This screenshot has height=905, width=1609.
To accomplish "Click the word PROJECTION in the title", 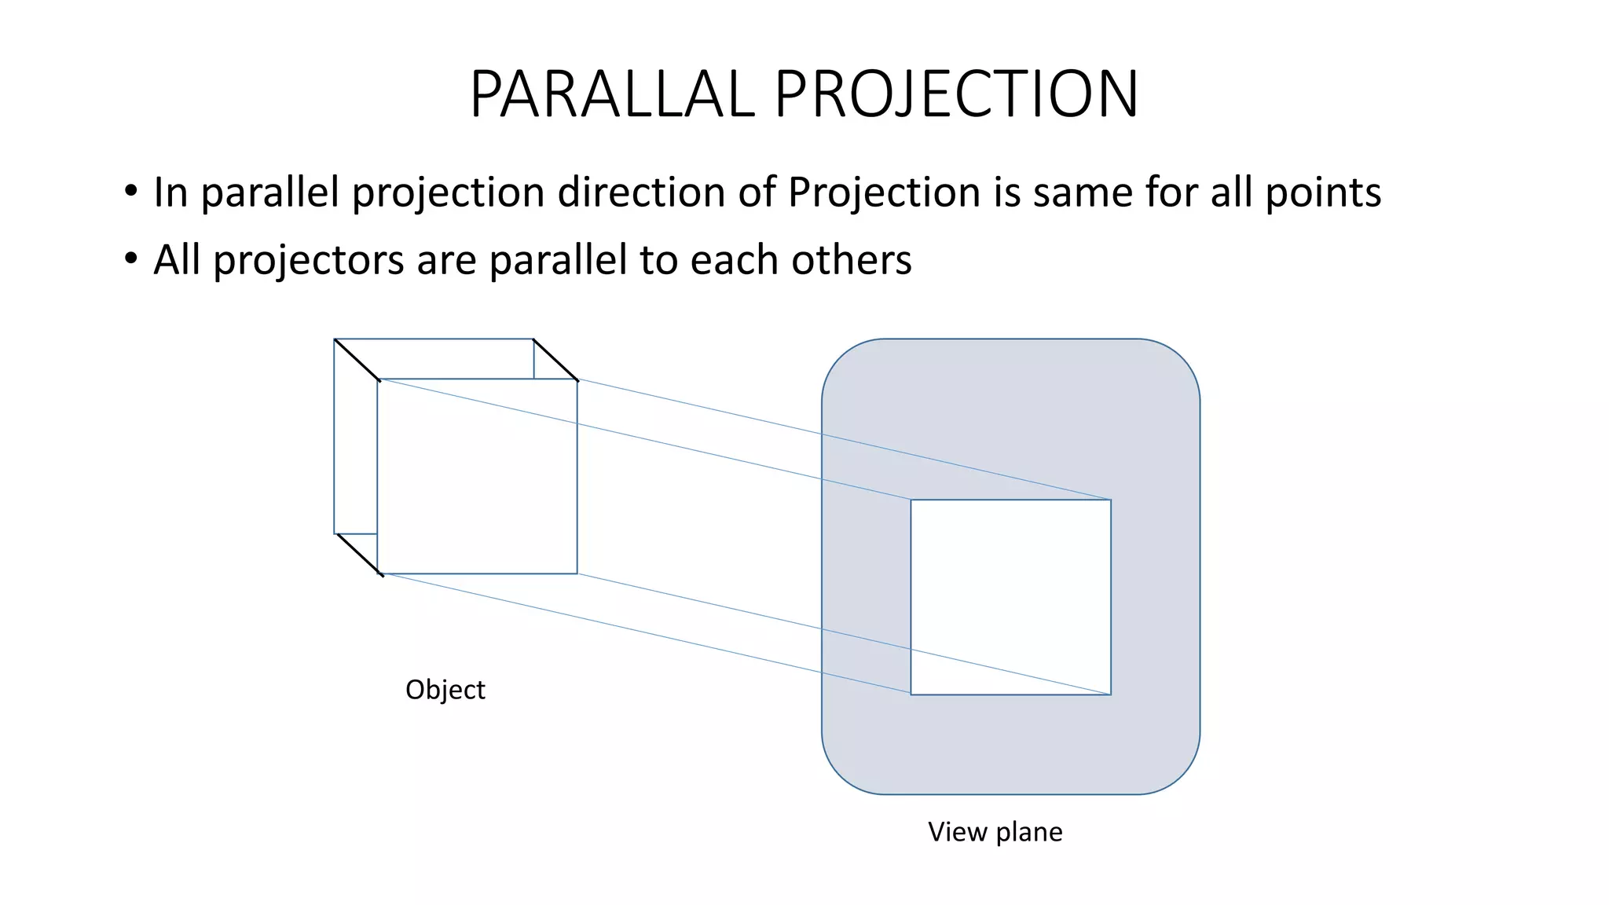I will tap(956, 94).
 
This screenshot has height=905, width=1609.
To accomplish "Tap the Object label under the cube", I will tap(445, 690).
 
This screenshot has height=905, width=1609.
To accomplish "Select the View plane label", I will tap(995, 832).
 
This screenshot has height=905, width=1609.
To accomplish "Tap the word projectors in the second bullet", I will tap(309, 260).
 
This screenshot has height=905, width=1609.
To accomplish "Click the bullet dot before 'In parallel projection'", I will tap(131, 191).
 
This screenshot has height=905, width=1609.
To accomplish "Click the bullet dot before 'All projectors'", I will tap(131, 258).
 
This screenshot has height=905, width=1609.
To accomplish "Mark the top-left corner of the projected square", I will tap(911, 500).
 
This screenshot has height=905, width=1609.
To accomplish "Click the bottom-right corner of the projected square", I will tap(1111, 694).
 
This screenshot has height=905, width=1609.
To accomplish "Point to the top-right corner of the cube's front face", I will tap(577, 380).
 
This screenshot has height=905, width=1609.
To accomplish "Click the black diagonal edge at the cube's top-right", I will tap(555, 360).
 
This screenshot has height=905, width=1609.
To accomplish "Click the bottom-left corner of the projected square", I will tap(911, 694).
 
